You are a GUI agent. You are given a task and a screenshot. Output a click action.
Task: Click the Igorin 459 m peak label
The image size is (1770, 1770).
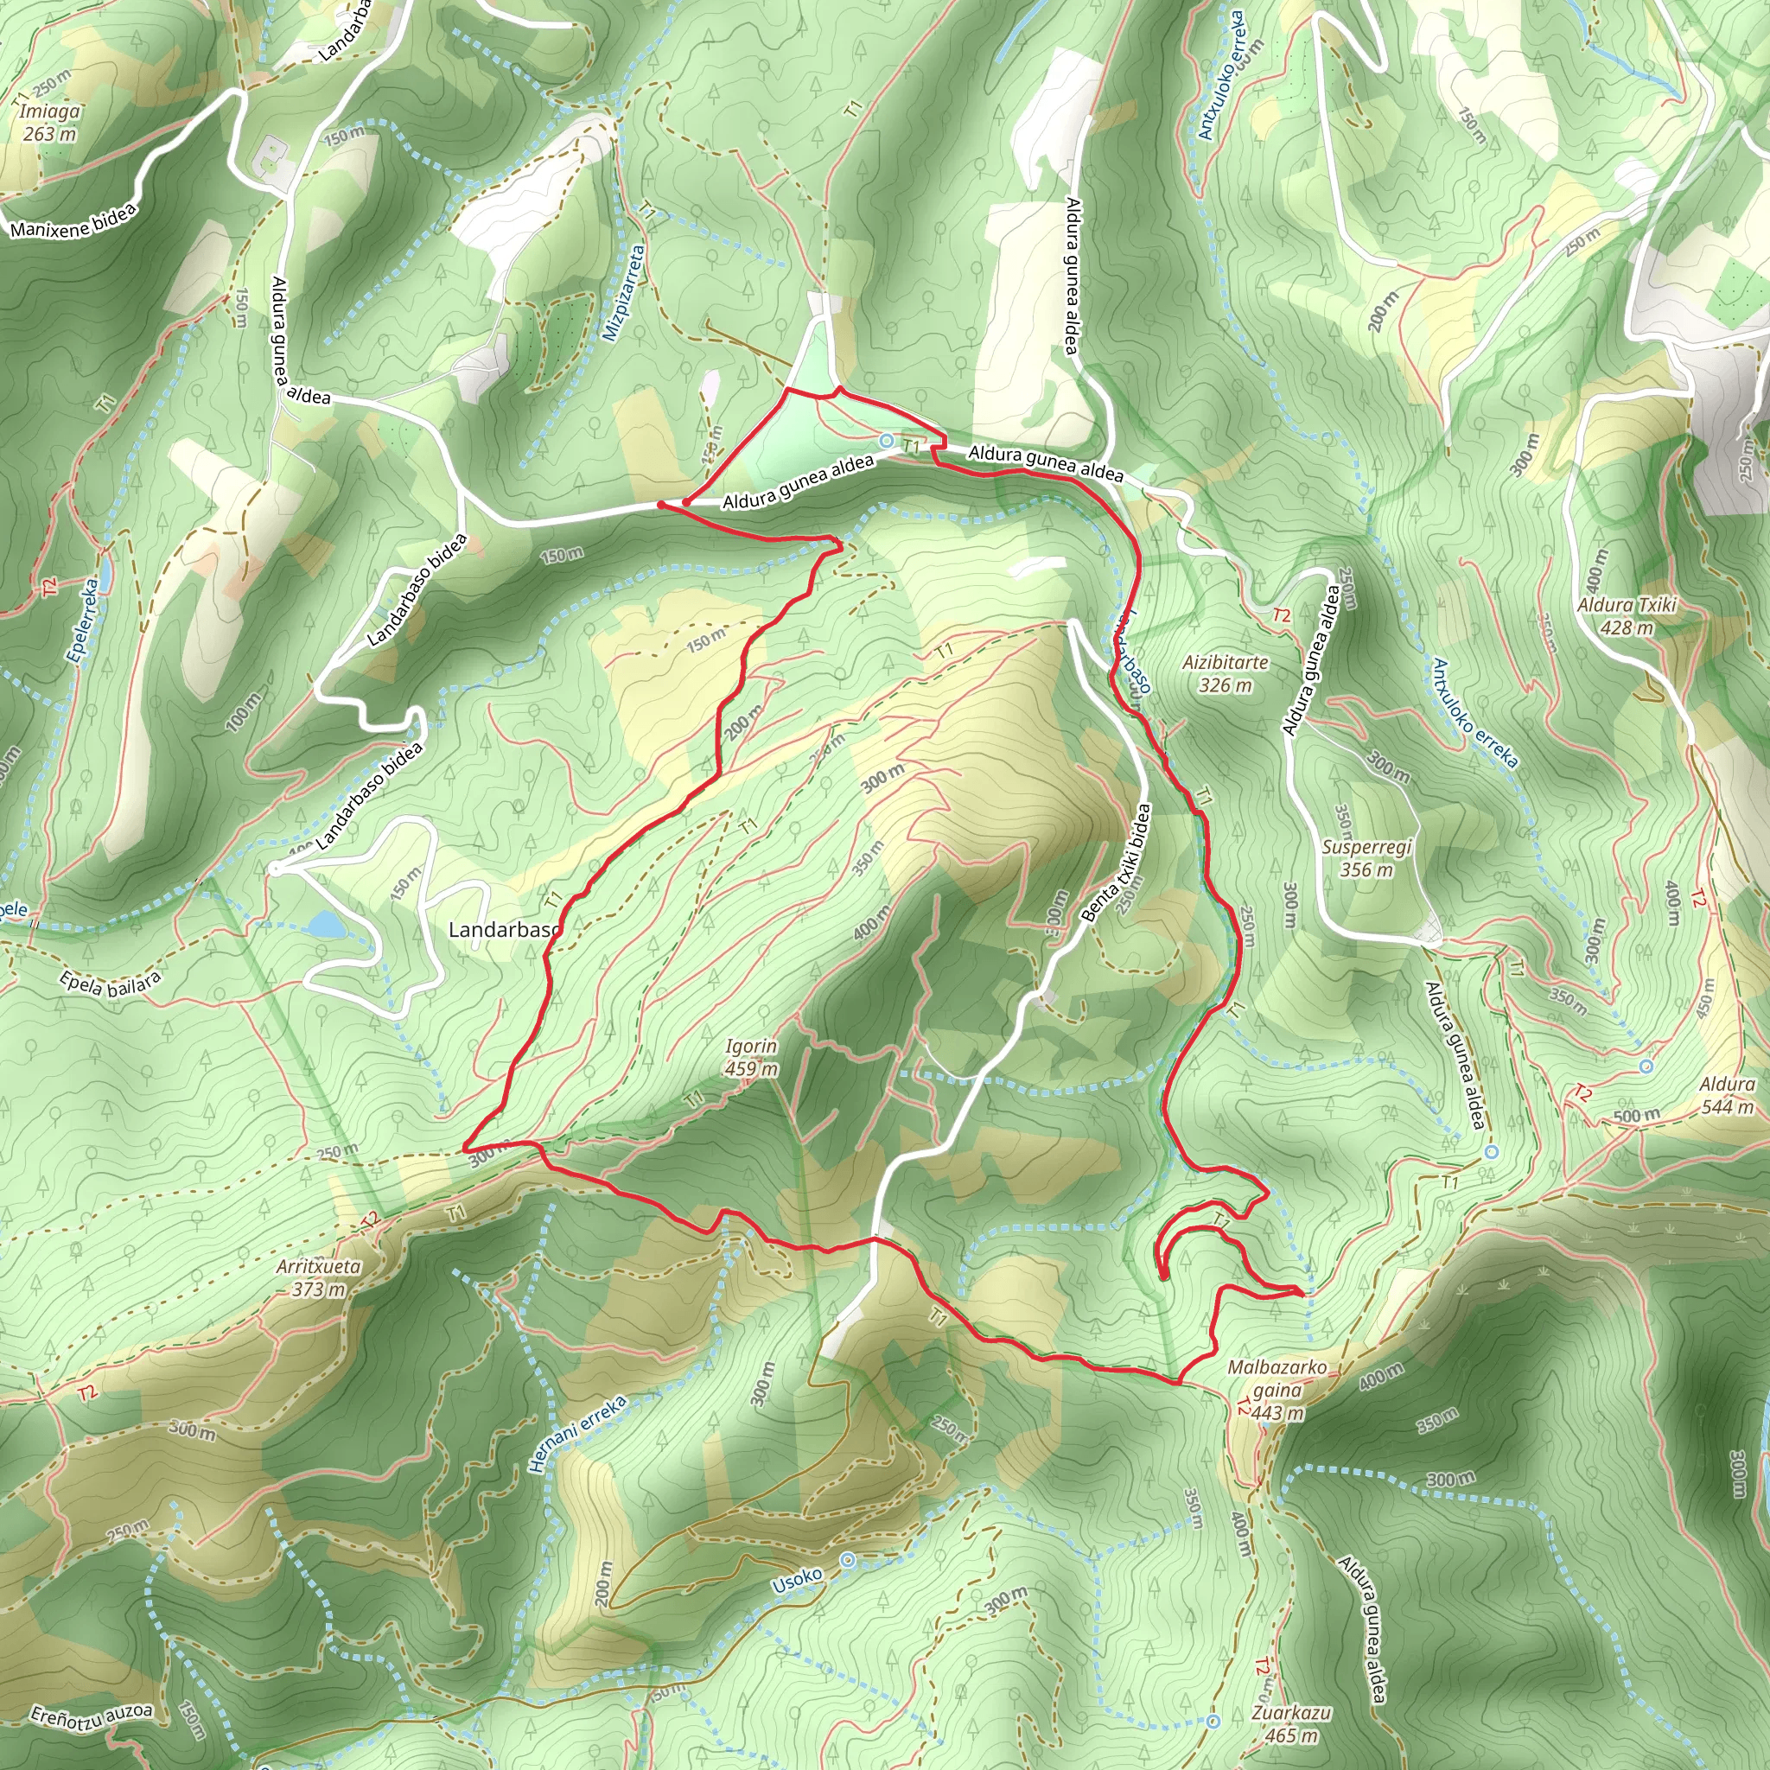click(x=751, y=1057)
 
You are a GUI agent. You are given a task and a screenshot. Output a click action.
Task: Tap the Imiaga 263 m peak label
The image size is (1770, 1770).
click(x=49, y=122)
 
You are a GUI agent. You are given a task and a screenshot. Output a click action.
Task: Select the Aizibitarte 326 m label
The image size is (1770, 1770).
click(x=1225, y=673)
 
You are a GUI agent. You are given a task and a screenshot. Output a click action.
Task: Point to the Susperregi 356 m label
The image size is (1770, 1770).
click(x=1366, y=858)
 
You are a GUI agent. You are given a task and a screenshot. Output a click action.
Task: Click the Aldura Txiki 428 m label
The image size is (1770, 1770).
click(x=1627, y=616)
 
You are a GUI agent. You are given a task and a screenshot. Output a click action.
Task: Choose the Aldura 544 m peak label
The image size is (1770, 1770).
click(x=1727, y=1096)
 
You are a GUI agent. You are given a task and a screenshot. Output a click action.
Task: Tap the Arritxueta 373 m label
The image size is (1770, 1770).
click(x=319, y=1278)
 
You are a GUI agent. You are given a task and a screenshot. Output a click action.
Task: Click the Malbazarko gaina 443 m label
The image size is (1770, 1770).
click(x=1277, y=1390)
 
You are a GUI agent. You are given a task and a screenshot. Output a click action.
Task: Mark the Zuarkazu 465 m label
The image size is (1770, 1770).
click(x=1292, y=1723)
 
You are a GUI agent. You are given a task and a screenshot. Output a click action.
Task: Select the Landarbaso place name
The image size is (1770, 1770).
click(x=504, y=930)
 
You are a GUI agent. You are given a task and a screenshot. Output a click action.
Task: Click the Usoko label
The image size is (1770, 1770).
click(x=797, y=1580)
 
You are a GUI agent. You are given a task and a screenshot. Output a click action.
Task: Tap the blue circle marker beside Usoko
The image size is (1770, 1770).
click(x=849, y=1559)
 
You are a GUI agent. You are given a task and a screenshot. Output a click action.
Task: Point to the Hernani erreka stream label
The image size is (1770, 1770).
click(x=578, y=1434)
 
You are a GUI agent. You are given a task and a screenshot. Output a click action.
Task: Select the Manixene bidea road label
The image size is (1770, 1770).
click(x=73, y=220)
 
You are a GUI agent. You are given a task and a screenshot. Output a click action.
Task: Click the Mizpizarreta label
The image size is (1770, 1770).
click(x=625, y=292)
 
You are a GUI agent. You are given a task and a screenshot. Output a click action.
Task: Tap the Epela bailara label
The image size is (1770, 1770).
click(x=110, y=984)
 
